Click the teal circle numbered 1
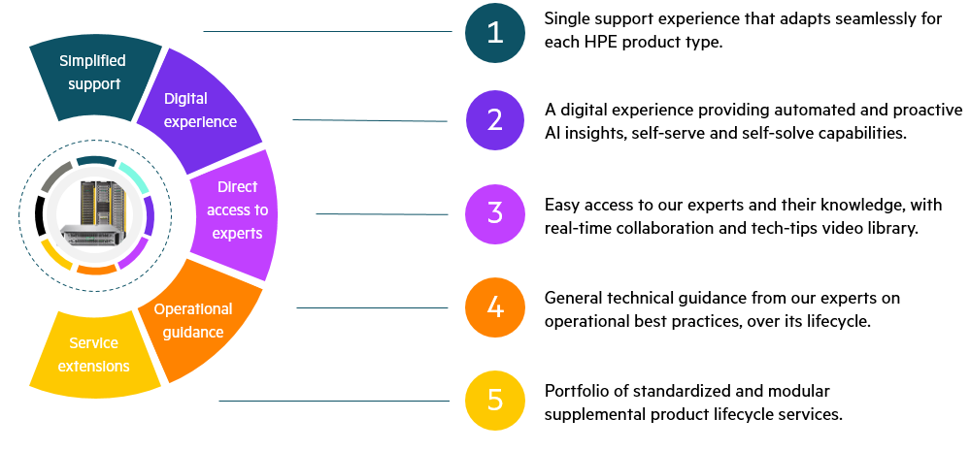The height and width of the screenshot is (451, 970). click(x=495, y=33)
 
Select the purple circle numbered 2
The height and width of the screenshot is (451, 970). click(x=495, y=120)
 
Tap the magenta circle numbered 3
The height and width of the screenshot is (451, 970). click(x=495, y=213)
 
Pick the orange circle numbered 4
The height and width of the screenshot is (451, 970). click(x=495, y=307)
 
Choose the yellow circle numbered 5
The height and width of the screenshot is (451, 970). click(x=495, y=401)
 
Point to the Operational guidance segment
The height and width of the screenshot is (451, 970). click(x=199, y=321)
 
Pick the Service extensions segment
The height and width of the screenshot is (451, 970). click(x=94, y=355)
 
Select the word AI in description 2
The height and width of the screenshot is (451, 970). click(x=552, y=133)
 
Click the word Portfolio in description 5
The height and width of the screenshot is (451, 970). click(x=572, y=391)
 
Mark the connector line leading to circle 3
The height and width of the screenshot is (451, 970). click(x=382, y=214)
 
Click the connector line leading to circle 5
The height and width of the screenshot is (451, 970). click(x=334, y=401)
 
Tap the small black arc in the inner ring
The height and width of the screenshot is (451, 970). click(x=41, y=215)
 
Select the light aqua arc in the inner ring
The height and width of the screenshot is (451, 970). click(x=133, y=177)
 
